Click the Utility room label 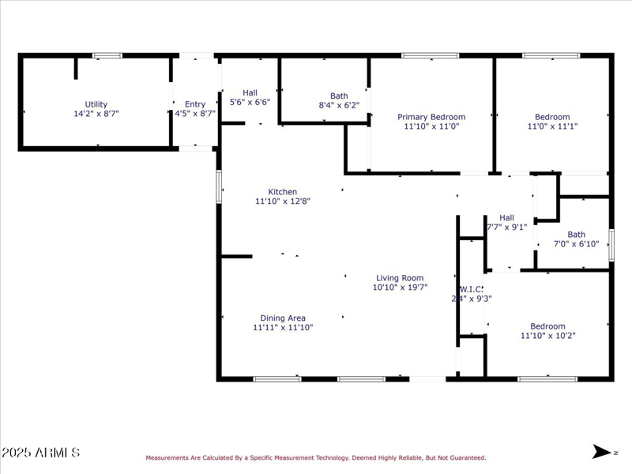point(96,104)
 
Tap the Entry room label point(195,104)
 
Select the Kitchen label point(282,192)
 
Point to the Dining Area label point(283,318)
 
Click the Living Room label point(400,278)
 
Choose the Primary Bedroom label point(431,117)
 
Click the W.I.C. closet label point(472,289)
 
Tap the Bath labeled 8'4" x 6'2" point(339,96)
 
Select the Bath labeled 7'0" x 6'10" point(576,235)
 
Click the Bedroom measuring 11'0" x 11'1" point(552,117)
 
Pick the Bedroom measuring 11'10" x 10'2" point(547,326)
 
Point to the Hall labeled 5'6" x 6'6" point(250,92)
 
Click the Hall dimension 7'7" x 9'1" point(506,228)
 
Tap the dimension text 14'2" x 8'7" point(96,114)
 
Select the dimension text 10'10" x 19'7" point(400,288)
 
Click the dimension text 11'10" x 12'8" point(282,201)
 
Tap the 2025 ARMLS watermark point(41,453)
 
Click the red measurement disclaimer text point(315,457)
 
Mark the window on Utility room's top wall point(107,55)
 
